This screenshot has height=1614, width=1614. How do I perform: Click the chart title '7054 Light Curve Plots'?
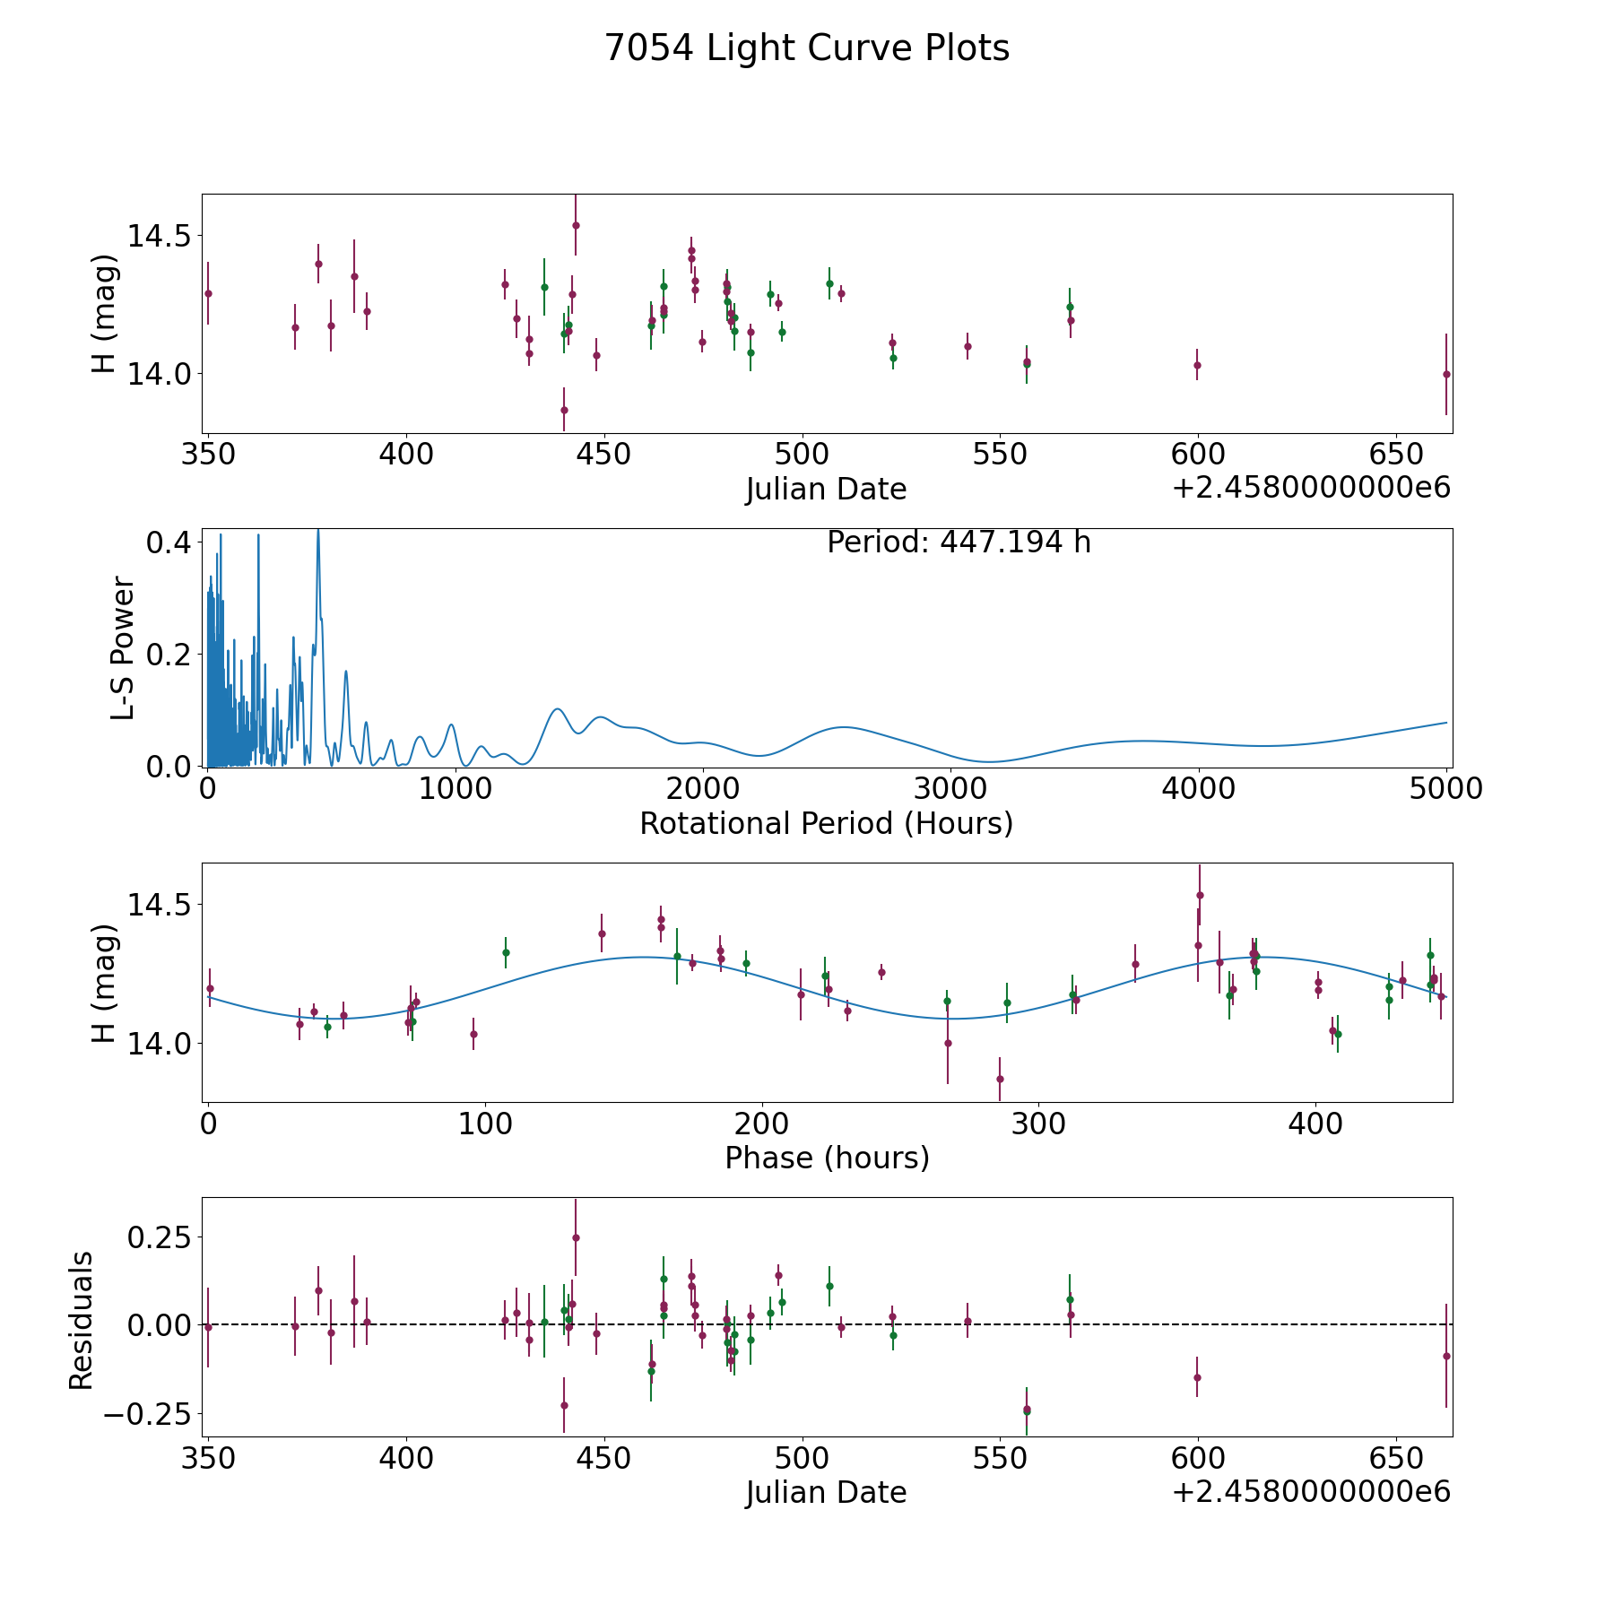[x=807, y=48]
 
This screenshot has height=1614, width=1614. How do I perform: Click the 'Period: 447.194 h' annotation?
[x=959, y=542]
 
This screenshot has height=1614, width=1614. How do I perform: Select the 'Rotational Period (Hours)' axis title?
[x=826, y=823]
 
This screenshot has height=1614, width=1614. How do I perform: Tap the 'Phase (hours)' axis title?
[x=827, y=1158]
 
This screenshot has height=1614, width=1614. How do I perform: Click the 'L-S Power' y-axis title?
[x=123, y=648]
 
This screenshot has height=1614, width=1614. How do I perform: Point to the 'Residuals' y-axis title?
[x=82, y=1321]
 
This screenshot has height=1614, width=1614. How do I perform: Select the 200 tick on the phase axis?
[x=762, y=1124]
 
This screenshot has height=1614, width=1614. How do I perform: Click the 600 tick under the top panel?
[x=1198, y=455]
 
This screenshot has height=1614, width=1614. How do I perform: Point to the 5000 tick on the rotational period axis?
[x=1446, y=789]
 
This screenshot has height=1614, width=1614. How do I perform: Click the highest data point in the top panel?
[x=576, y=225]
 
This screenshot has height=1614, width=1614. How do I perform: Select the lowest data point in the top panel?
[x=564, y=410]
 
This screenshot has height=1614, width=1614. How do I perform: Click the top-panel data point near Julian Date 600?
[x=1197, y=365]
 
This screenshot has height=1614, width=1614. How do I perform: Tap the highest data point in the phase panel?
[x=1200, y=895]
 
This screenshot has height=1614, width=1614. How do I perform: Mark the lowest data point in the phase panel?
[x=1000, y=1079]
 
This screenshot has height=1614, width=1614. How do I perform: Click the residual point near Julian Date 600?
[x=1197, y=1377]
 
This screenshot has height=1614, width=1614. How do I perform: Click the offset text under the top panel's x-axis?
[x=1311, y=489]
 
